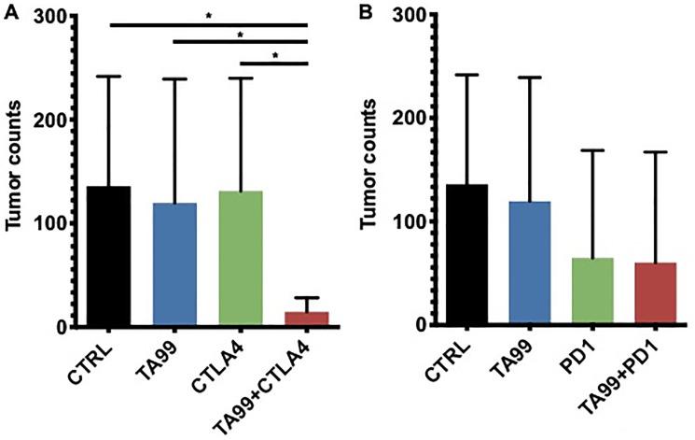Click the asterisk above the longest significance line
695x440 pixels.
tap(207, 15)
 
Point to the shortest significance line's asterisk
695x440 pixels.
tap(273, 55)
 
